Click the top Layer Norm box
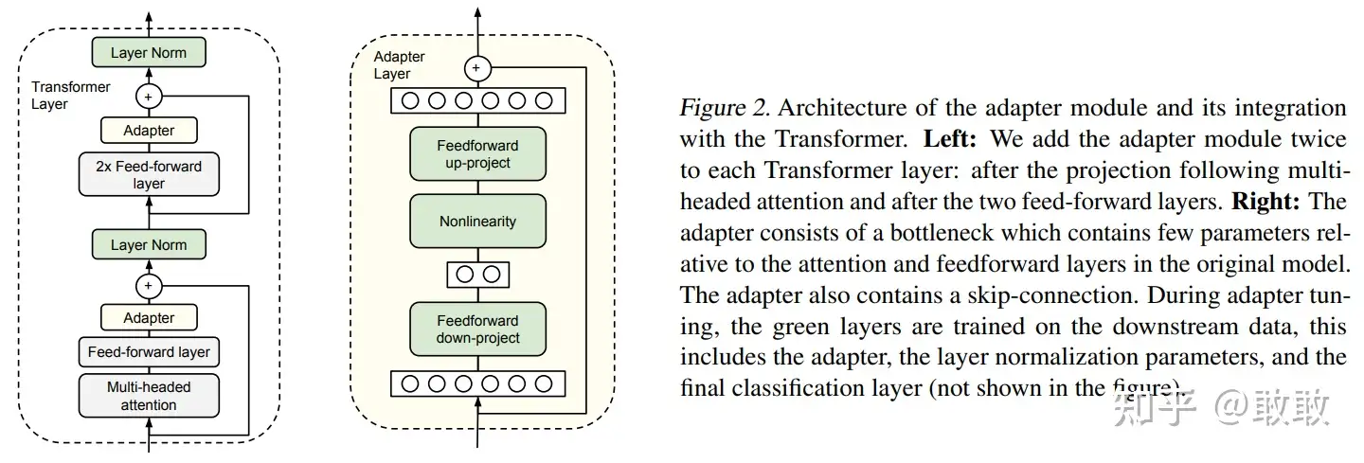pos(149,52)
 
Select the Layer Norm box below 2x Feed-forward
pos(149,244)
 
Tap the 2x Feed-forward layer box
pos(149,174)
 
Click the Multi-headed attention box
pos(149,396)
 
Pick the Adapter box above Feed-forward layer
pos(149,317)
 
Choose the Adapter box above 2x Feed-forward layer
pos(149,131)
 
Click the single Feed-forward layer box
pos(149,351)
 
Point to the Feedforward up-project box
pos(478,154)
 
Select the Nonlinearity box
pos(478,221)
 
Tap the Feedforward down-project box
pos(478,329)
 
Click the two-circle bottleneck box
pos(478,275)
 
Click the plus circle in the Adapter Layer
pos(477,68)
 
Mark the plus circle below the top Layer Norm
pos(149,97)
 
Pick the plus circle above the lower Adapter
pos(149,286)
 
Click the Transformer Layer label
pos(71,96)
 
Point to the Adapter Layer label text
pos(399,65)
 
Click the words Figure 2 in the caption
pos(726,108)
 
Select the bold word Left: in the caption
pos(950,139)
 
